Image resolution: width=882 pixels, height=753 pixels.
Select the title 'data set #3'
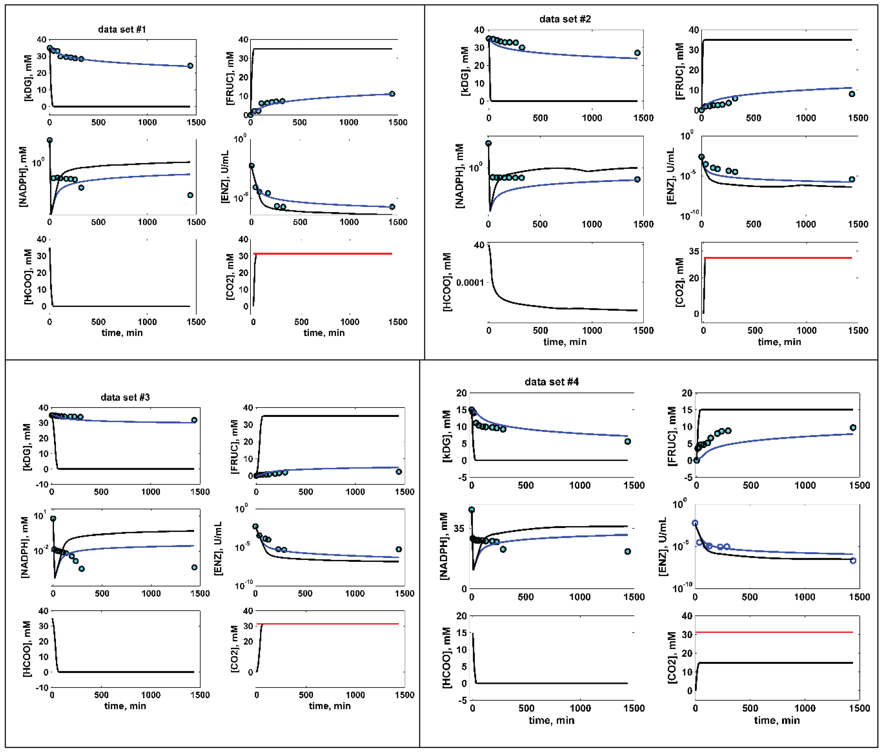pyautogui.click(x=125, y=397)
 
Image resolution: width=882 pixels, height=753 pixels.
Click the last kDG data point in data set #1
pyautogui.click(x=190, y=66)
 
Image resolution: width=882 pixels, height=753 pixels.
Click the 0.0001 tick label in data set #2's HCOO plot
pyautogui.click(x=470, y=283)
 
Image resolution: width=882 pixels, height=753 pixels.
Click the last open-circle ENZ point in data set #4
pyautogui.click(x=853, y=561)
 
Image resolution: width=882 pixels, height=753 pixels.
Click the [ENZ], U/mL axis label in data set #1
pyautogui.click(x=225, y=176)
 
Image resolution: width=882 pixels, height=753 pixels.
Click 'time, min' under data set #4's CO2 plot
pyautogui.click(x=777, y=720)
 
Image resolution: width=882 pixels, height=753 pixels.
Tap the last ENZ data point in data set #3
pyautogui.click(x=398, y=549)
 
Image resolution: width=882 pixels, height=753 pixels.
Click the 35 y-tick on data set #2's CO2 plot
pyautogui.click(x=694, y=251)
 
